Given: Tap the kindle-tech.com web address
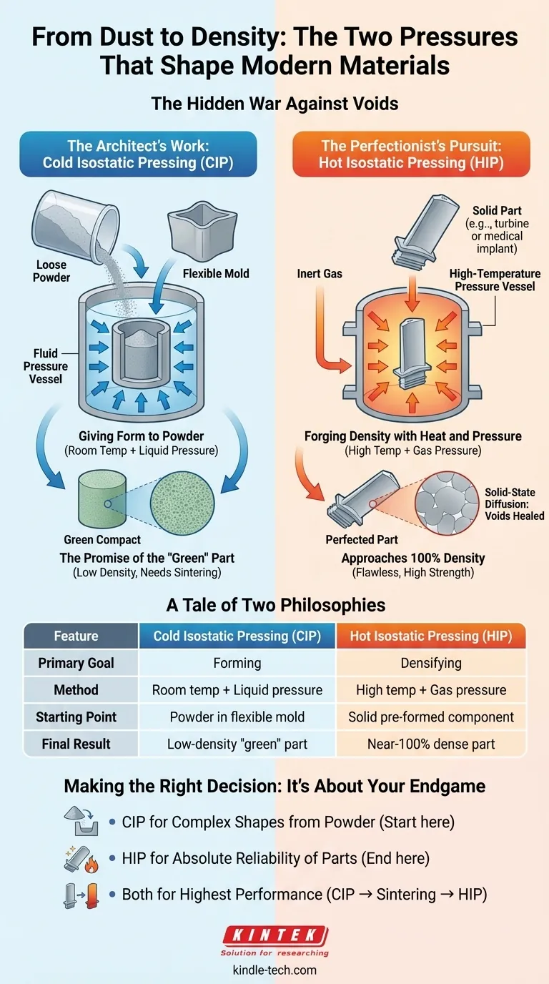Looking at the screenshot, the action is [274, 970].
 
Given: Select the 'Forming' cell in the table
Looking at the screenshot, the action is [237, 663].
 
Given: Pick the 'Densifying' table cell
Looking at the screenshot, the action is [431, 663].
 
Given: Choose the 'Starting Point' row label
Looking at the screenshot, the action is [76, 717].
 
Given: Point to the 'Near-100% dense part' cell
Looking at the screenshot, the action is [431, 744].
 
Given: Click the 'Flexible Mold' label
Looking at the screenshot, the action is [216, 274].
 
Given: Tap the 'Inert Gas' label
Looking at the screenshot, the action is [320, 274].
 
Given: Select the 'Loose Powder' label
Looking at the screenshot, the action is [51, 271].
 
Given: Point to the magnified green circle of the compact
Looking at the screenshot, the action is [182, 503].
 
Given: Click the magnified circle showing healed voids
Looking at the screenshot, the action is [447, 503].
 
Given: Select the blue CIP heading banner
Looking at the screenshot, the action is [138, 154].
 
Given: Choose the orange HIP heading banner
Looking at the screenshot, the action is [411, 154].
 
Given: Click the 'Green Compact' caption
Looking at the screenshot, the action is [102, 539].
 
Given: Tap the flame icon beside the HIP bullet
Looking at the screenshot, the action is [91, 865].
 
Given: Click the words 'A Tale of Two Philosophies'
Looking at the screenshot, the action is [276, 605].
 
